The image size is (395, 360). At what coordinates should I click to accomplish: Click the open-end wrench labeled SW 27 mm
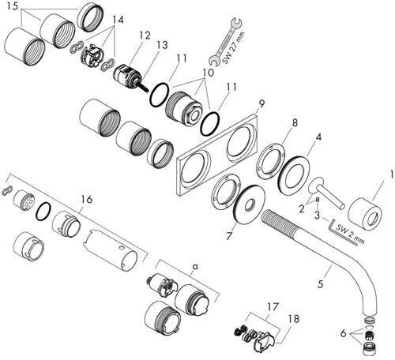pos(224,42)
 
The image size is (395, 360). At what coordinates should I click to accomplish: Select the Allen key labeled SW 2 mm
pos(342,233)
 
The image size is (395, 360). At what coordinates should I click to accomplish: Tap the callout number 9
pos(261,105)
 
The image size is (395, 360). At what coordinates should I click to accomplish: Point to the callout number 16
pos(87,199)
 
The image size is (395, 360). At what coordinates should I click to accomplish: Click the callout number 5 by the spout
pos(320,284)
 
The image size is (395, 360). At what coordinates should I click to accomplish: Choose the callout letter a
pos(195,267)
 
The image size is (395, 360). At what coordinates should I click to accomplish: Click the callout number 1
pos(392,174)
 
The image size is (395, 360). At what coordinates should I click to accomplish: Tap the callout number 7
pos(229,236)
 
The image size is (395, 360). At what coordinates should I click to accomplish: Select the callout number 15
pos(13,6)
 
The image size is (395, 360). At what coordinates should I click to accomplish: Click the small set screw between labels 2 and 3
pos(318,201)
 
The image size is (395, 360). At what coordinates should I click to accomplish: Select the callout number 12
pos(145,35)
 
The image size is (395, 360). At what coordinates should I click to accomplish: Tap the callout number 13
pos(162,45)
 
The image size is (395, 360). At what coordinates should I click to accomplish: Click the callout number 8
pos(295,122)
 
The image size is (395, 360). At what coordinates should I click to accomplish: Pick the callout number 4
pos(318,137)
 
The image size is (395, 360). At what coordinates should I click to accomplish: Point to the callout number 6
pos(343,334)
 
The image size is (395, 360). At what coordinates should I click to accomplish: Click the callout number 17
pos(273,306)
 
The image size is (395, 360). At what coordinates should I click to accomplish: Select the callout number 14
pos(118,20)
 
